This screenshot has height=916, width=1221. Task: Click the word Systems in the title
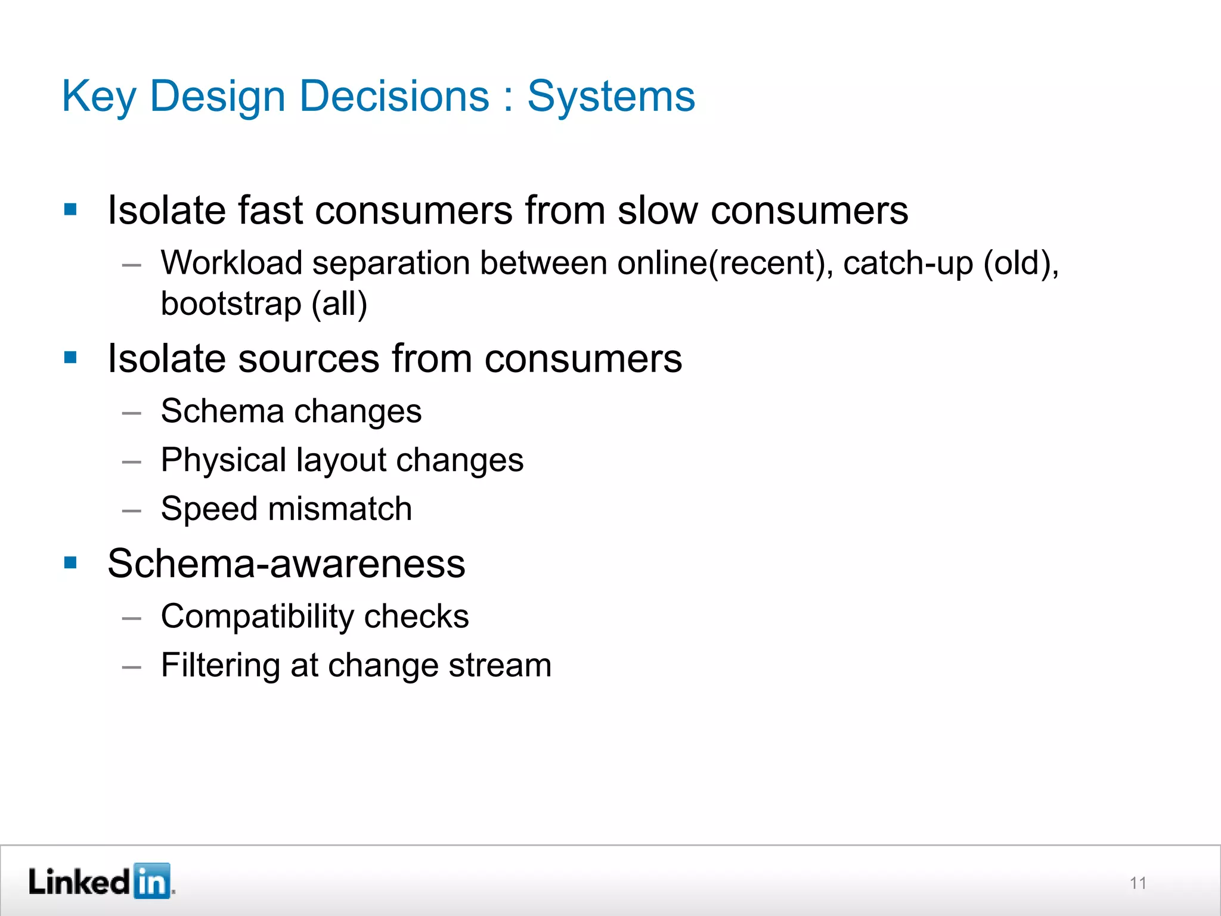[611, 97]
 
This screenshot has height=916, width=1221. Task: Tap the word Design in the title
[217, 97]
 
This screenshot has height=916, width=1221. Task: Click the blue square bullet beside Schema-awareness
[70, 562]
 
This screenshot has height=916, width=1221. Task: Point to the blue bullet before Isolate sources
[70, 358]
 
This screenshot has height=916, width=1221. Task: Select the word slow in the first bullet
[657, 211]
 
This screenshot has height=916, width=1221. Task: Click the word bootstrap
[231, 304]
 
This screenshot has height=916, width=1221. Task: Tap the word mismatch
[340, 509]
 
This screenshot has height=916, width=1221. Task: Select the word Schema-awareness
[286, 563]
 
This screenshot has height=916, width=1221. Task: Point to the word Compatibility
[258, 616]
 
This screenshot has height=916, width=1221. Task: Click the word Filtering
[221, 665]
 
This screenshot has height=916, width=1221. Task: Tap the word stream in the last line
[500, 665]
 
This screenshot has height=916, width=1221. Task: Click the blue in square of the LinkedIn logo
[151, 880]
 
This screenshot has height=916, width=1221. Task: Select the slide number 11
[1138, 883]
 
